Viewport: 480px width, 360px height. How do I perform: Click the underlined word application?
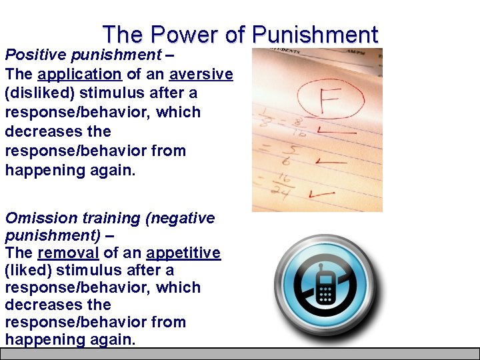coord(80,73)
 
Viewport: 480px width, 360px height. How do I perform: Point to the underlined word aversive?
coord(201,73)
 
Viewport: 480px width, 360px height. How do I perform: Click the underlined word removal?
coord(68,253)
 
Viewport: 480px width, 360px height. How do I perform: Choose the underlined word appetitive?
coord(183,253)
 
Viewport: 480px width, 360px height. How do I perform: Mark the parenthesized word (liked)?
coord(29,270)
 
